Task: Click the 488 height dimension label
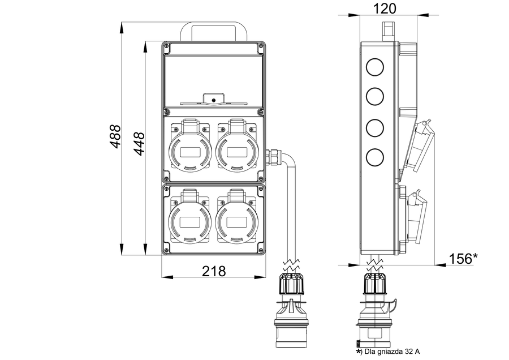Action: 115,136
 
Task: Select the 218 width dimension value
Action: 214,271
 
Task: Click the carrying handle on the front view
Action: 214,31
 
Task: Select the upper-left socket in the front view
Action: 189,148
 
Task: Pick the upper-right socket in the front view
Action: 237,148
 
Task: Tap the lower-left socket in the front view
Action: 189,218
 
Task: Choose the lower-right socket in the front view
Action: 237,218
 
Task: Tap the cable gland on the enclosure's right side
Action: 273,156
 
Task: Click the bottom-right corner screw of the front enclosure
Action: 261,250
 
